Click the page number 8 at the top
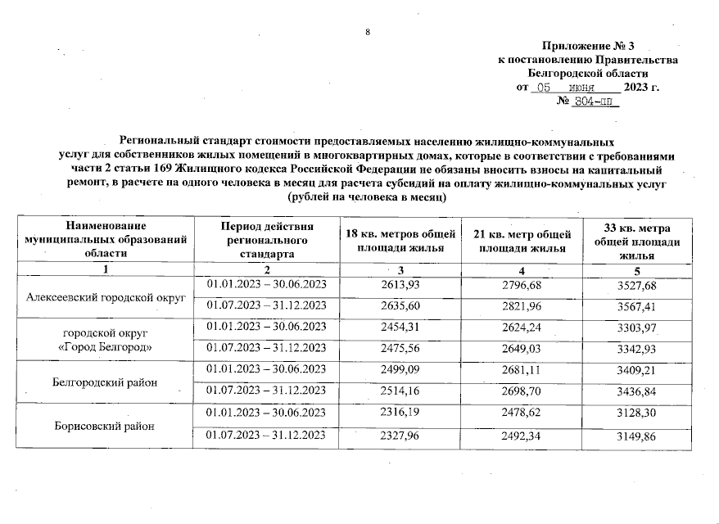368,32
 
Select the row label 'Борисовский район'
103,426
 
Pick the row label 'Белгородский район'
103,382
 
